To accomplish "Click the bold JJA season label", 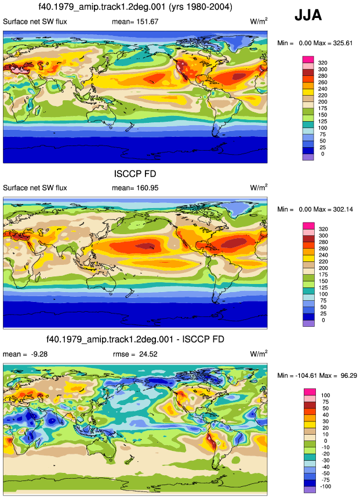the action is tap(308, 15).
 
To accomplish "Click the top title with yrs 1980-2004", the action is tap(135, 7).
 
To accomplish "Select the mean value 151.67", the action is tap(147, 21).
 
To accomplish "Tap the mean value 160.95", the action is tap(147, 188).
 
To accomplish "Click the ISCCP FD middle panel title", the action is tap(135, 174).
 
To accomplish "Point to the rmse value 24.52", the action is tap(148, 354).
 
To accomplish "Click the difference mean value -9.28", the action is tap(39, 354).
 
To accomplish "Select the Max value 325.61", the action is tap(343, 43).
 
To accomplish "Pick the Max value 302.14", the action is tap(343, 209).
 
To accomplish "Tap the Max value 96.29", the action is tap(348, 376).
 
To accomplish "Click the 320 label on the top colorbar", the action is tap(322, 63).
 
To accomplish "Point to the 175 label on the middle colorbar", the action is tap(323, 274).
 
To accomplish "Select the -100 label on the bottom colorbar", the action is tap(325, 486).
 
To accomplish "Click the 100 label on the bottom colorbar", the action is tap(326, 395).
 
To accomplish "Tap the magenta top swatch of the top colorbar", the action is tap(308, 59).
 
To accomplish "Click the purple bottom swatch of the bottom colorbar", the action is tap(310, 490).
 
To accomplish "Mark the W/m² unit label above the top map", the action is tap(259, 21).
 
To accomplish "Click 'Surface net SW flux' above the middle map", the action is tap(35, 188).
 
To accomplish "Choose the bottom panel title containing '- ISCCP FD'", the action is tap(135, 339).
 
